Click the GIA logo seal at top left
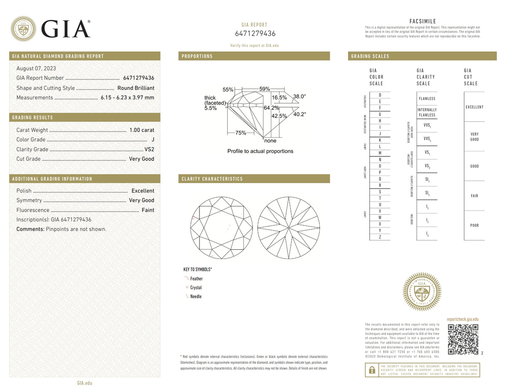tap(23, 29)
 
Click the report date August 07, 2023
tap(36, 68)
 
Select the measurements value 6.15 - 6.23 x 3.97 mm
tap(127, 97)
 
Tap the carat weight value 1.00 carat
tap(141, 130)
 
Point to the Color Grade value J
tap(152, 140)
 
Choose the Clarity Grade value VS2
tap(149, 149)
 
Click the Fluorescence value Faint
tap(148, 210)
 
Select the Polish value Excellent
tap(143, 191)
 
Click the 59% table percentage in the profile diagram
tap(264, 89)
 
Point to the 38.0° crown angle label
tap(299, 97)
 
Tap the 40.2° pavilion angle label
tap(299, 114)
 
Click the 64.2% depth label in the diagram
tap(271, 108)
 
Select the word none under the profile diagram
tap(270, 141)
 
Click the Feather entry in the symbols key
tap(196, 279)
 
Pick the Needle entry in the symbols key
tap(196, 297)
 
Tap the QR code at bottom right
tap(463, 340)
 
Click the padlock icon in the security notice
tap(371, 370)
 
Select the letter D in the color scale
tap(380, 95)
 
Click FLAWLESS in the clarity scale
tap(427, 99)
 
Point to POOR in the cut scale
tap(474, 225)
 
